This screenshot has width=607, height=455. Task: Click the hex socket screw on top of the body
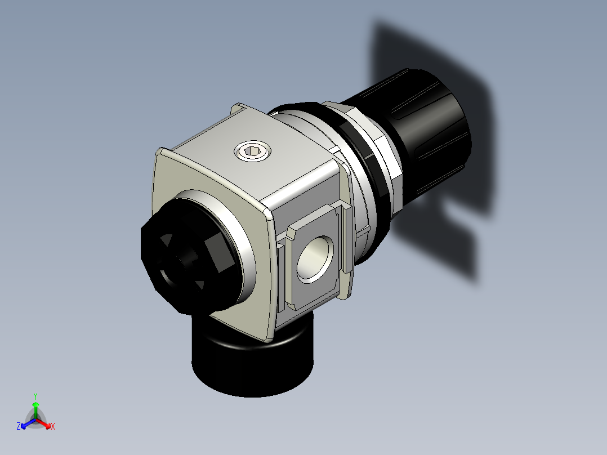click(253, 151)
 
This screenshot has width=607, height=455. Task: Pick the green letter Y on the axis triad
click(35, 395)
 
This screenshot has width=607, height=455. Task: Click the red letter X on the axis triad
click(53, 427)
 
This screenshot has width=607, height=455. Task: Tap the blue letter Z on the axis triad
click(19, 426)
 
